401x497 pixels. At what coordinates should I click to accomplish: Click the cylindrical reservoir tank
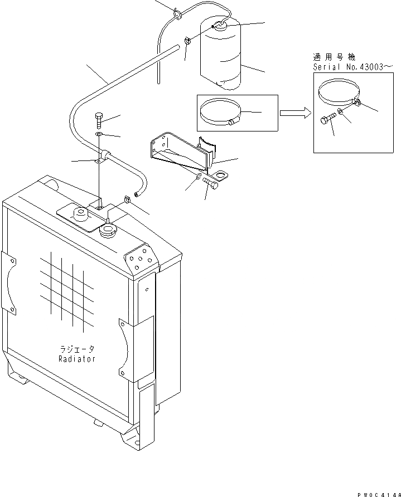221,56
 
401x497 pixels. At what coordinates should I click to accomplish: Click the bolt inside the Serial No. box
327,119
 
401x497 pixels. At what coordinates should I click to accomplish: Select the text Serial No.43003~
349,66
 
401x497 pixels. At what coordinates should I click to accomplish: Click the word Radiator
77,359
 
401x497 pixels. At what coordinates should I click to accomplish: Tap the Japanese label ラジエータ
77,349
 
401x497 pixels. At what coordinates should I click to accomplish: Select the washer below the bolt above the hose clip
99,135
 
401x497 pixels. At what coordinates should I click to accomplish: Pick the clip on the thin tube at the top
177,13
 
